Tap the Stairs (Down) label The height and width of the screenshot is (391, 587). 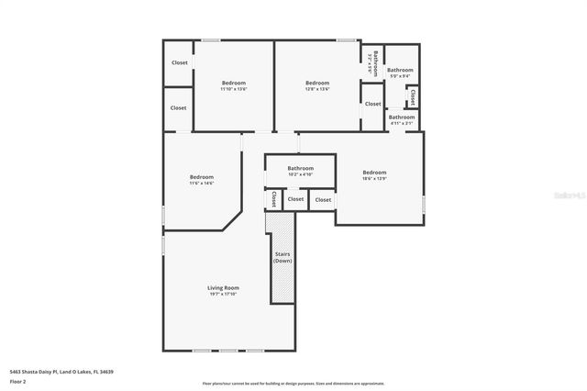[x=282, y=258]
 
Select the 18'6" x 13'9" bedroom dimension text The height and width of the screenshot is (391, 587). [x=374, y=179]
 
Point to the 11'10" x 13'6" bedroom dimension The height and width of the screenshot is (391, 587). [x=234, y=89]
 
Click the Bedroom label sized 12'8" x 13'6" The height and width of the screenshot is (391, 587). [x=317, y=83]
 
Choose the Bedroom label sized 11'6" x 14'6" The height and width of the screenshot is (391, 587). [x=202, y=177]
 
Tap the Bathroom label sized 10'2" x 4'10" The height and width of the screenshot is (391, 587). [x=300, y=168]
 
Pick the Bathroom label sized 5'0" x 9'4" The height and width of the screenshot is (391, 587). [x=400, y=70]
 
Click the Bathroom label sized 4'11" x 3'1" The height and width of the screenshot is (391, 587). [x=402, y=117]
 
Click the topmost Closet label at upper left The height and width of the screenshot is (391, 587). [x=179, y=62]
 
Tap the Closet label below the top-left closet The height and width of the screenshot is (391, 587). [x=178, y=107]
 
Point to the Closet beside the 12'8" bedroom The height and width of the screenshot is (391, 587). [x=372, y=104]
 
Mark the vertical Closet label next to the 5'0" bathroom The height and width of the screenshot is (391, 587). [x=413, y=95]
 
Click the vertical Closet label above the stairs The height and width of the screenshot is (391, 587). [x=273, y=199]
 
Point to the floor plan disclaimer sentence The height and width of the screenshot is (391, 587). [x=293, y=383]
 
